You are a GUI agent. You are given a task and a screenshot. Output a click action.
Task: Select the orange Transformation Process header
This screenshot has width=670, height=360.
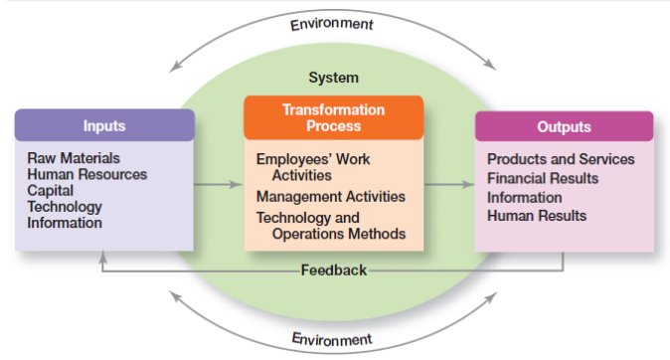point(334,117)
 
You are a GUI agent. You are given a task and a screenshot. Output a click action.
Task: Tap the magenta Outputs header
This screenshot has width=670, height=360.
point(564,126)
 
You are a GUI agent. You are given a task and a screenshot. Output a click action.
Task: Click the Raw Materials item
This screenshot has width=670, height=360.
point(74,158)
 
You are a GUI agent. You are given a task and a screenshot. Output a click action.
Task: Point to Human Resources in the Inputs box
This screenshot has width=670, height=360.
point(87,174)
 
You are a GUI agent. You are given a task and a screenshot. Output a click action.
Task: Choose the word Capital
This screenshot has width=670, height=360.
point(51,190)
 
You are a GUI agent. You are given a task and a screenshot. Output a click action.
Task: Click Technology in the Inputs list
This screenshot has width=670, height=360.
point(65,207)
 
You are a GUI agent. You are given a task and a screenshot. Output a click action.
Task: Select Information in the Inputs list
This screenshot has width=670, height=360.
point(65,223)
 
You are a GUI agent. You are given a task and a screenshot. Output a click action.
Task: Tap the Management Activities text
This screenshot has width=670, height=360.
point(331,196)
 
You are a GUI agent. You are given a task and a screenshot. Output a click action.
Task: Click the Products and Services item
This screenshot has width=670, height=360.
point(561,159)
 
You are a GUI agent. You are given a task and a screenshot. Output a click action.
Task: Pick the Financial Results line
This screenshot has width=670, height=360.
point(543,178)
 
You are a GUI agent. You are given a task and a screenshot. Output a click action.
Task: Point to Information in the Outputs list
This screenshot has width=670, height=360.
point(524,197)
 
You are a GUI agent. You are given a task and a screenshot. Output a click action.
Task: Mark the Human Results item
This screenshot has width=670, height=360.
point(537,215)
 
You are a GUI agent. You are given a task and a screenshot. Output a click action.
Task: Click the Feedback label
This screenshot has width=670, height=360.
point(334,270)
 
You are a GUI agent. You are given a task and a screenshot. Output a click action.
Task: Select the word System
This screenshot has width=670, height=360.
point(334,77)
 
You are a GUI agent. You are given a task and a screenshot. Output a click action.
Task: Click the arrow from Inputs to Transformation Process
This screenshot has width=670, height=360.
point(218,184)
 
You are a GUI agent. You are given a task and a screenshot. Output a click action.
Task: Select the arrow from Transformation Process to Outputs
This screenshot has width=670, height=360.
point(448,184)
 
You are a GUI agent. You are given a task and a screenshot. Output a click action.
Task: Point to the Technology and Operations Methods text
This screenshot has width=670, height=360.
point(331,226)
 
